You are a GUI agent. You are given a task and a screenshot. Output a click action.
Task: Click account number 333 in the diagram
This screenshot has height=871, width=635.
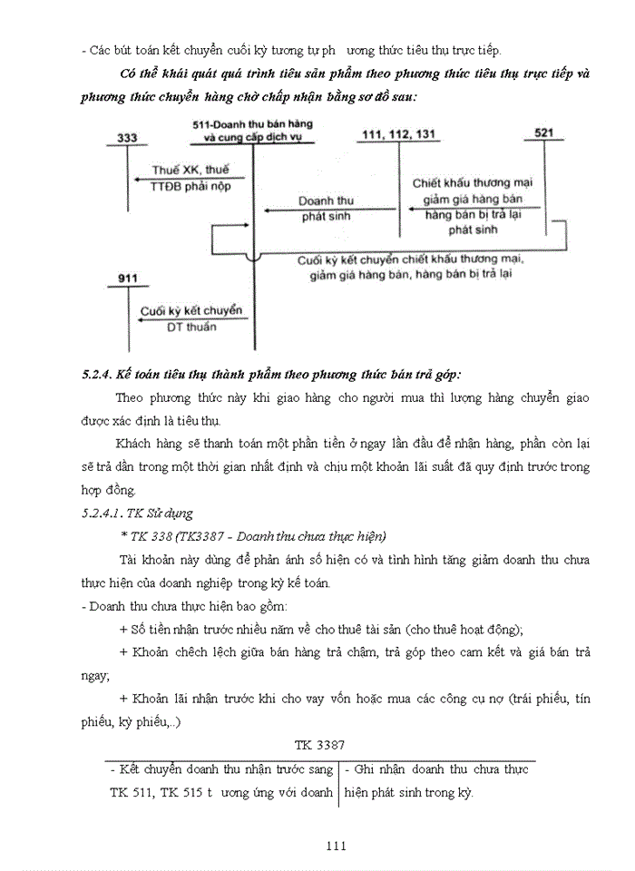pyautogui.click(x=128, y=137)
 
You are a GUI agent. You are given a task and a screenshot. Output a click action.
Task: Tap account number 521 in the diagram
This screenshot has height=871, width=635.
pyautogui.click(x=544, y=132)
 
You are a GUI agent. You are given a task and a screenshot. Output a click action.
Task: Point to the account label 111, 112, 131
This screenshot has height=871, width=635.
pyautogui.click(x=398, y=133)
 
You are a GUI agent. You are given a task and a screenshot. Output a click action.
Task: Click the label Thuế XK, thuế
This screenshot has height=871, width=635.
pyautogui.click(x=190, y=170)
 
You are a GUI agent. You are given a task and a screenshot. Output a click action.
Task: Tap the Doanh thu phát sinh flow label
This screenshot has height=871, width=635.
pyautogui.click(x=327, y=209)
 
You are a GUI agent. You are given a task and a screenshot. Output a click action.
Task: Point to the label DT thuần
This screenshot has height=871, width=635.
pyautogui.click(x=191, y=328)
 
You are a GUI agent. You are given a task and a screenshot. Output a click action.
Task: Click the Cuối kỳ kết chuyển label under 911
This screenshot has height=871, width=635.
pyautogui.click(x=191, y=311)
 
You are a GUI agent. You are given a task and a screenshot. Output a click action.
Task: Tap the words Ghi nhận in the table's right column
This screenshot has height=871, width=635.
pyautogui.click(x=373, y=769)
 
